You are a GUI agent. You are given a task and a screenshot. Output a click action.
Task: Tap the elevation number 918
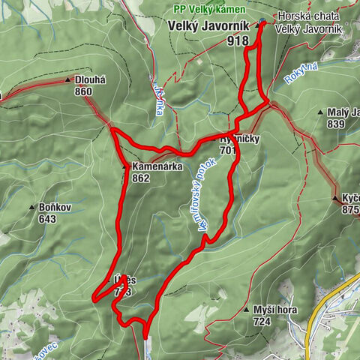239,42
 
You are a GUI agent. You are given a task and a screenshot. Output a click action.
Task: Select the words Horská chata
307,16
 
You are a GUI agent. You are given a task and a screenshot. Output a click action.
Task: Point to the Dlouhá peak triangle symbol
68,79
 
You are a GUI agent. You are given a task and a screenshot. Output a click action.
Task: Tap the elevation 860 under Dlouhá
83,91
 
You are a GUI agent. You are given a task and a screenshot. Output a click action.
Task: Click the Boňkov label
48,207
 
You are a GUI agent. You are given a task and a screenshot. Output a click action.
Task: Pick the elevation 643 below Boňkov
48,219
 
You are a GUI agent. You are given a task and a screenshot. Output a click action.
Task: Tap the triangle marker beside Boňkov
32,207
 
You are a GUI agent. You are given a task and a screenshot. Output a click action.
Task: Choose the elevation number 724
262,322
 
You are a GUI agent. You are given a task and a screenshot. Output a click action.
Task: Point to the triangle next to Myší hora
247,310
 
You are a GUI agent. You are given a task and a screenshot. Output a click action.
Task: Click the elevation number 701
228,150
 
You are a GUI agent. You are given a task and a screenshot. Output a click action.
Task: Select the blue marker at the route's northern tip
262,22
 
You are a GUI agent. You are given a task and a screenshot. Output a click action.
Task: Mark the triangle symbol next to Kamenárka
125,166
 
